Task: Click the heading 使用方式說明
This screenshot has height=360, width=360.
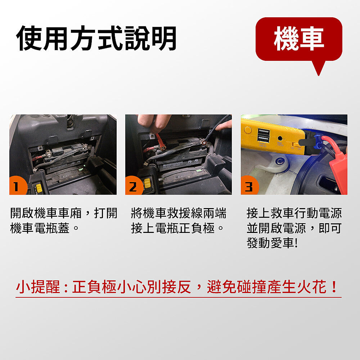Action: coord(96,39)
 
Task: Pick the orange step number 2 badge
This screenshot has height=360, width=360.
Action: coord(133,186)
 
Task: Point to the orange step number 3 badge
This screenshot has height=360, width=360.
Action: coord(249,186)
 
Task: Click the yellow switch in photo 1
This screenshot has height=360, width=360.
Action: coord(39,188)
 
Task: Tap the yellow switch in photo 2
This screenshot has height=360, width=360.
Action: coord(147,183)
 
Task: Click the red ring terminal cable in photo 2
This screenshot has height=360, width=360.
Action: coord(161,142)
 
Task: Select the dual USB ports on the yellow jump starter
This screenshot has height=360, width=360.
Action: coord(264,135)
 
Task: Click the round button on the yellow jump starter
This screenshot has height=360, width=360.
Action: coord(248,130)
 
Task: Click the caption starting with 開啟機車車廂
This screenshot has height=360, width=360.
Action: coord(64,221)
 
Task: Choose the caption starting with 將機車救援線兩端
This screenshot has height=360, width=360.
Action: coord(179,221)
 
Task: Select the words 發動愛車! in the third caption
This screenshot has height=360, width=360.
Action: coord(272,243)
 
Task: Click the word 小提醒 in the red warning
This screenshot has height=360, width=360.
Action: coord(38,287)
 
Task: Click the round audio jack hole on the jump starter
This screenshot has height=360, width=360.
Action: coord(280,138)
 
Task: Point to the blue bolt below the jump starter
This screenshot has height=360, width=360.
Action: coord(279,161)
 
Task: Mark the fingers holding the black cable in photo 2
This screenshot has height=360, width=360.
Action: coord(224,125)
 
